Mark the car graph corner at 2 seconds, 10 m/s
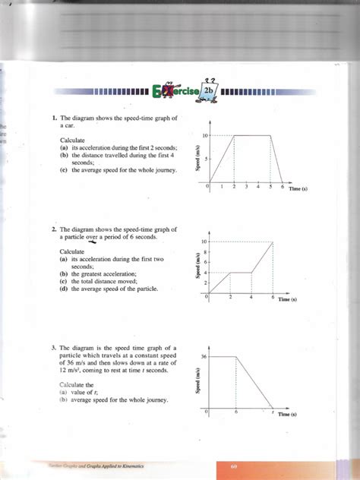[234, 135]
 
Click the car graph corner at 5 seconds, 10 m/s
[270, 135]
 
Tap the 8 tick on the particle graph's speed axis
[205, 251]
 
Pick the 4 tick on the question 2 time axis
[251, 298]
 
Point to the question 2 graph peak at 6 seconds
[272, 242]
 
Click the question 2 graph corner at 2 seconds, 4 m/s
[230, 272]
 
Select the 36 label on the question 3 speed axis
[204, 355]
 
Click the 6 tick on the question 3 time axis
[236, 411]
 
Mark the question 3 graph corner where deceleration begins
[236, 355]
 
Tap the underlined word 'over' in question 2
[93, 236]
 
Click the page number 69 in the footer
[235, 466]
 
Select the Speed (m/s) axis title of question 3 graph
[197, 379]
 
